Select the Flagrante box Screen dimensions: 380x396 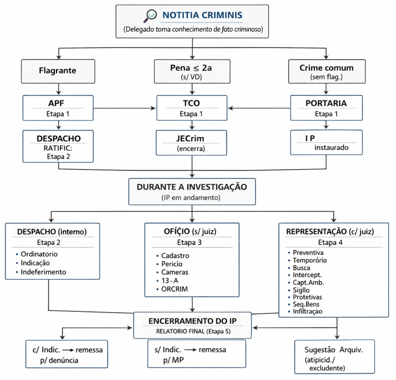point(58,70)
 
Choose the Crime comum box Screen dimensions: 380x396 point(326,71)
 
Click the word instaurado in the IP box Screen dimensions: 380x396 point(331,147)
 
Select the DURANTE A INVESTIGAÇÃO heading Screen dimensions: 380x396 point(192,187)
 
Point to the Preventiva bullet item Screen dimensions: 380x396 point(308,252)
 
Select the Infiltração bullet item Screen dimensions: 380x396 point(308,311)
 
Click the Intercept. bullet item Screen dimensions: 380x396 point(309,274)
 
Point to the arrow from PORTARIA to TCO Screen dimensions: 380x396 point(259,108)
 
